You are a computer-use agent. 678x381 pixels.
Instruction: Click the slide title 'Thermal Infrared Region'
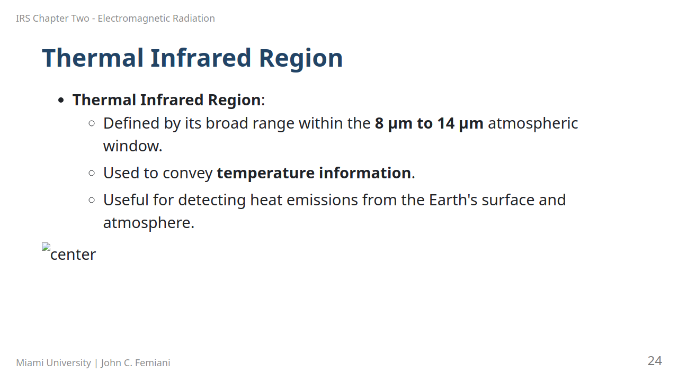[x=192, y=58]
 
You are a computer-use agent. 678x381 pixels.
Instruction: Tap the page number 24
[x=655, y=361]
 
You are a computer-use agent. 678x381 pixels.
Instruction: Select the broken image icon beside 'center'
[x=46, y=247]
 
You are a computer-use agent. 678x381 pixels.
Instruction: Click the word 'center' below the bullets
[x=73, y=255]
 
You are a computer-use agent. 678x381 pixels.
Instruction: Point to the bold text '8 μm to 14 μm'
[x=429, y=123]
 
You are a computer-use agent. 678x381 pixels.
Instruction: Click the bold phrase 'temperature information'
[x=314, y=173]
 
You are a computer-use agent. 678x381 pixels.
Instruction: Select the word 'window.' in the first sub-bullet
[x=132, y=146]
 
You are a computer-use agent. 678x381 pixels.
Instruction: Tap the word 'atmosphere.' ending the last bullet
[x=149, y=223]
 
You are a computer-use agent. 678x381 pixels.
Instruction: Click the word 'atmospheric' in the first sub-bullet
[x=533, y=123]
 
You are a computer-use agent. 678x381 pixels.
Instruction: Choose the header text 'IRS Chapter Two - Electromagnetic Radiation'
[x=115, y=19]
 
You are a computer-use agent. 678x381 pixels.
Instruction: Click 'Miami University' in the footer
[x=53, y=362]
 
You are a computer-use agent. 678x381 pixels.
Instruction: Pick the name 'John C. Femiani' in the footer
[x=136, y=362]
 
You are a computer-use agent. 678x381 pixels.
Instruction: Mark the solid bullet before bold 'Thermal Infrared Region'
[x=61, y=100]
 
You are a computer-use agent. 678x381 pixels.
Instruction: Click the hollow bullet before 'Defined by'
[x=92, y=123]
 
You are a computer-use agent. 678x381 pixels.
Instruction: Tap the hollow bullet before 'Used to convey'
[x=92, y=173]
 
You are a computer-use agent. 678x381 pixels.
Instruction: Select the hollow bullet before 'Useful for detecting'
[x=92, y=200]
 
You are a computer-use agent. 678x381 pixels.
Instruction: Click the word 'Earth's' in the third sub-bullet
[x=453, y=200]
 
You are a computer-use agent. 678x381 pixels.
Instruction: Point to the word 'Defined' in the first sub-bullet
[x=131, y=123]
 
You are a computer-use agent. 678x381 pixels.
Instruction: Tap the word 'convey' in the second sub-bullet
[x=188, y=173]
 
